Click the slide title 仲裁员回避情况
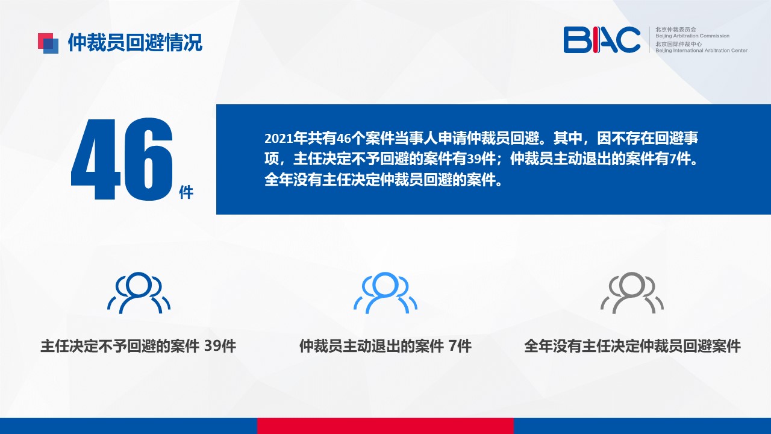(135, 43)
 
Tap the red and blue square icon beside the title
(48, 43)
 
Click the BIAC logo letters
(602, 40)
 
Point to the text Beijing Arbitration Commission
(692, 36)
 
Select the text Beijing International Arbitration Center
(701, 51)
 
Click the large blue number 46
(122, 159)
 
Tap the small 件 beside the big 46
(186, 192)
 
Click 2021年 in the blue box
(286, 138)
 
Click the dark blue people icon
(139, 293)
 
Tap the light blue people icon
(385, 293)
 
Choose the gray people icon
(632, 293)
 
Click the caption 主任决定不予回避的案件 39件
(139, 346)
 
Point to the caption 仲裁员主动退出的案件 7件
(385, 346)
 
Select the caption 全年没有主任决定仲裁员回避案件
(632, 346)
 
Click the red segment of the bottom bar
(385, 426)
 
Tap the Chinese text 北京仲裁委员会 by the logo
(676, 30)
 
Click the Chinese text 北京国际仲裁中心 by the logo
(678, 44)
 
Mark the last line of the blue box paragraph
(384, 180)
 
